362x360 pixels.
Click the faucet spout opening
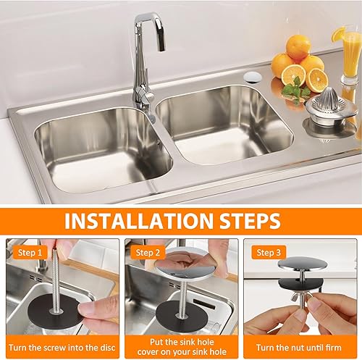161,49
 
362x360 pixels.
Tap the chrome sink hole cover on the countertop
253,77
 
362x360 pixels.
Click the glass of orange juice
350,56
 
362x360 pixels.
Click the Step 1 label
30,253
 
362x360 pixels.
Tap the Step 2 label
148,253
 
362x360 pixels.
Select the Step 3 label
269,253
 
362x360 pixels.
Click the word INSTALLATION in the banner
139,221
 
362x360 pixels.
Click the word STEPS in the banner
250,221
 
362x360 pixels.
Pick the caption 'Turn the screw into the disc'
62,348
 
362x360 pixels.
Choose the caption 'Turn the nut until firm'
299,348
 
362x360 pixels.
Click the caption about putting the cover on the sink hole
182,347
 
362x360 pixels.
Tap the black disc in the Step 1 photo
56,311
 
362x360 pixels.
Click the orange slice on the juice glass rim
338,34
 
